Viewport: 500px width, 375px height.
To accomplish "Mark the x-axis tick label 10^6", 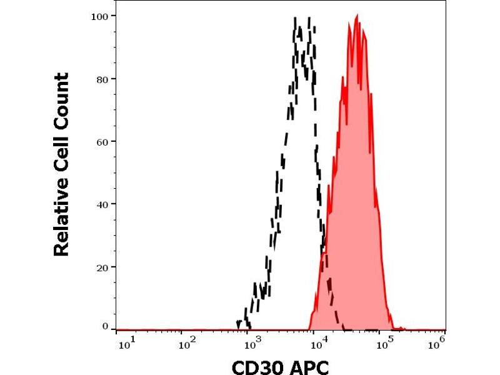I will click(439, 341).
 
